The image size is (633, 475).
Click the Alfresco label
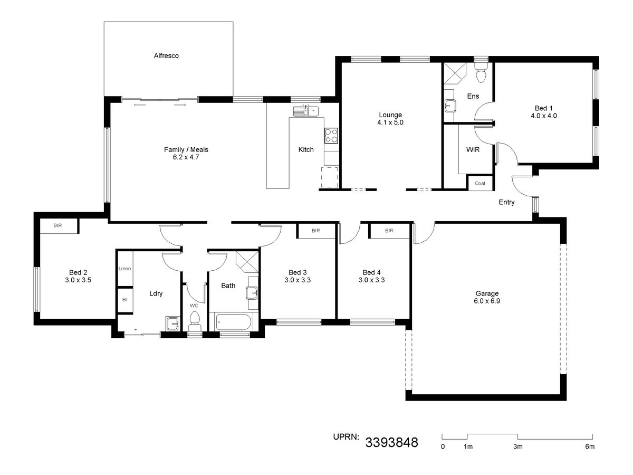point(166,55)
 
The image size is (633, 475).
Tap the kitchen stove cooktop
point(331,136)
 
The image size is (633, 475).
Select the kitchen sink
point(305,111)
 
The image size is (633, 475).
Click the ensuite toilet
point(481,72)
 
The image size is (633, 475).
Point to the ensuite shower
point(455,73)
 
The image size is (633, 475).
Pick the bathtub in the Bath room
point(233,322)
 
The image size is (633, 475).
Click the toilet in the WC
point(194,322)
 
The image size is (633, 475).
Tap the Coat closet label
point(480,183)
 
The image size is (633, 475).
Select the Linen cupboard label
point(124,269)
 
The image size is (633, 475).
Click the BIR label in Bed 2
point(57,225)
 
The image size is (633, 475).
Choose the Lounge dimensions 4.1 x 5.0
point(390,122)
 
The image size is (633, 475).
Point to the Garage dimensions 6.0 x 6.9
point(487,301)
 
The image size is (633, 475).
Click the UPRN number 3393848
point(391,442)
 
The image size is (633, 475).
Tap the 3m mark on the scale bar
point(518,446)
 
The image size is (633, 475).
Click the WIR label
point(473,150)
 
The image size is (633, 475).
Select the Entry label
point(506,202)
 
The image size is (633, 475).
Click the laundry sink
point(172,324)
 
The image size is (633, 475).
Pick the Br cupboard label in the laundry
point(125,300)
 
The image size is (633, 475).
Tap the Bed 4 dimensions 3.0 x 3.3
point(371,280)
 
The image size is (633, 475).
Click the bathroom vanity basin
point(252,293)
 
